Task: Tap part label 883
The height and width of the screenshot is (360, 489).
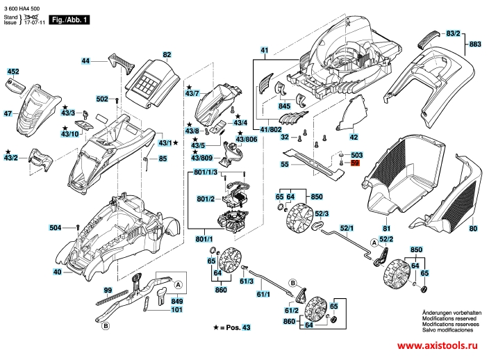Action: (475, 44)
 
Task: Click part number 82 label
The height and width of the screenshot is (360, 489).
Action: (167, 54)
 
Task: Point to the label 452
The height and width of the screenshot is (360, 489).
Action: (13, 72)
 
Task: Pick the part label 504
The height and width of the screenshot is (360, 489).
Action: (56, 227)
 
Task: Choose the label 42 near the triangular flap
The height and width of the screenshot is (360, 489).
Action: (354, 137)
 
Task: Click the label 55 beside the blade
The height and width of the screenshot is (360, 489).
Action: (285, 165)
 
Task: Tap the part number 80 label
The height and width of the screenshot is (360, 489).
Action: (473, 229)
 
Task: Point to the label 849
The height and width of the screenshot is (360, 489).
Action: (177, 301)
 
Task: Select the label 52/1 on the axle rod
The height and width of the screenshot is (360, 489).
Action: (347, 228)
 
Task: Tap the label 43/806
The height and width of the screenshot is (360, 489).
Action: (247, 140)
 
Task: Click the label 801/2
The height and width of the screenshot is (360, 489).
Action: (205, 199)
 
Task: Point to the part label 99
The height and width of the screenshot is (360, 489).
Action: (108, 289)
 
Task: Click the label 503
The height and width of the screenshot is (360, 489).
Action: (357, 155)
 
